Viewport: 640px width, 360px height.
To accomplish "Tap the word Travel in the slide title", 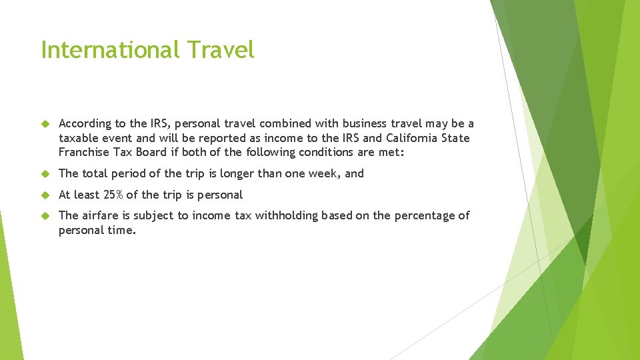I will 221,50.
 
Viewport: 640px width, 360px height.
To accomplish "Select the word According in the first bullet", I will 85,124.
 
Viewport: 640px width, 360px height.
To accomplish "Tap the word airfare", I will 105,215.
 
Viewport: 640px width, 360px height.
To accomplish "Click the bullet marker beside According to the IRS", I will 45,124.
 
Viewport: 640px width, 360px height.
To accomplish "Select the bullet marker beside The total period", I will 45,174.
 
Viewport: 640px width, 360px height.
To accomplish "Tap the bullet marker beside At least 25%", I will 45,195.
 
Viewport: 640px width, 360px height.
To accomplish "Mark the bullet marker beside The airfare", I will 45,216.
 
